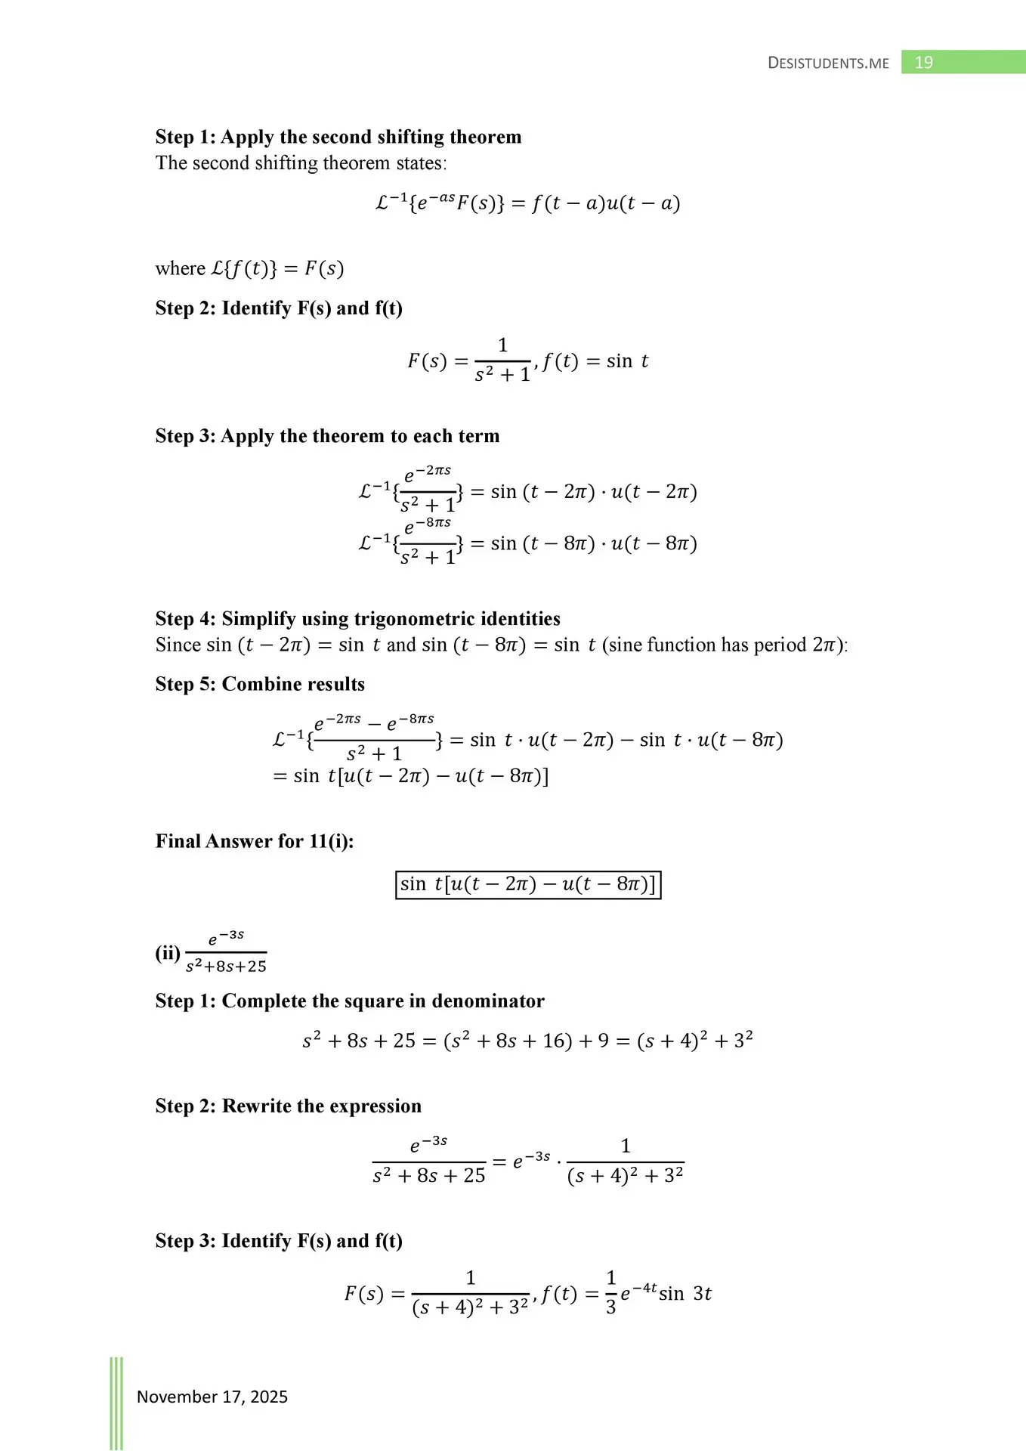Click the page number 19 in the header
click(x=923, y=63)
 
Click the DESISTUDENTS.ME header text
click(x=828, y=63)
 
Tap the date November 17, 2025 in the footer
click(x=212, y=1397)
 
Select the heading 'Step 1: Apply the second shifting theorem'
click(x=338, y=137)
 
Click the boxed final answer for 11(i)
click(x=528, y=884)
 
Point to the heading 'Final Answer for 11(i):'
click(x=255, y=841)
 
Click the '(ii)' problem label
click(x=168, y=953)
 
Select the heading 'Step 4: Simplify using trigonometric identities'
click(x=357, y=618)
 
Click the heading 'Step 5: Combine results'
click(x=260, y=684)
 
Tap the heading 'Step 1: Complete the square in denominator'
click(x=349, y=1001)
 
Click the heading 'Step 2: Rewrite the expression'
click(x=288, y=1106)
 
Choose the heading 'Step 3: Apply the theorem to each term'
click(x=327, y=436)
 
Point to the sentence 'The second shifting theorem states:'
click(x=301, y=163)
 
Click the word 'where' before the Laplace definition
click(x=180, y=269)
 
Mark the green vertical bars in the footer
click(x=116, y=1402)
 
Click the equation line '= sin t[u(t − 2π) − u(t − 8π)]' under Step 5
click(x=410, y=776)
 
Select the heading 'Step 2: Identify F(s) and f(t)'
click(x=279, y=308)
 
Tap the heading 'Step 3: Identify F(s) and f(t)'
click(x=279, y=1241)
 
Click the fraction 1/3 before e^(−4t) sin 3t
click(x=610, y=1292)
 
